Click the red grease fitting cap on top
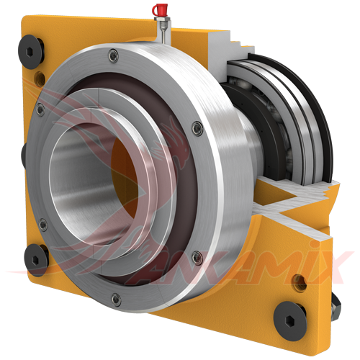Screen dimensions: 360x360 point(161,9)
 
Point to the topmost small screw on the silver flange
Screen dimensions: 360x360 point(112,54)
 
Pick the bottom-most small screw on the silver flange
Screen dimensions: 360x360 point(115,298)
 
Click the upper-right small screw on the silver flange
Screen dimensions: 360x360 point(197,128)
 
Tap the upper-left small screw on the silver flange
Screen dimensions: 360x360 point(40,109)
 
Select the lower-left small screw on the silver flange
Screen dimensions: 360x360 point(43,225)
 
